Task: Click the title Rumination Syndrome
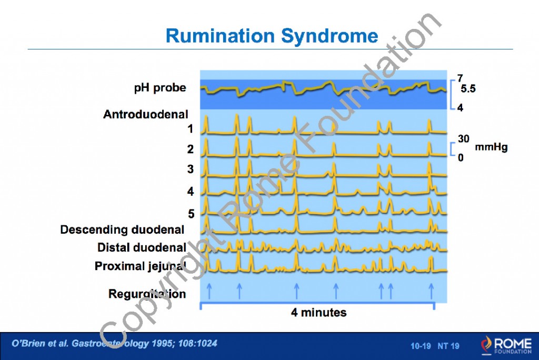tap(272, 36)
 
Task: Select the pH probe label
tap(160, 88)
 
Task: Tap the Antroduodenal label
tap(146, 114)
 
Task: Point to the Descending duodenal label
tap(122, 229)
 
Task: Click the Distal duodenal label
tap(142, 247)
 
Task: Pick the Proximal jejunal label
tap(140, 266)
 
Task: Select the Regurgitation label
tap(147, 294)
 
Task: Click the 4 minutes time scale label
tap(319, 313)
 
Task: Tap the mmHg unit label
tap(491, 147)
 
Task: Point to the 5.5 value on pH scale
tap(467, 89)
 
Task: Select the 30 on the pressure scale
tap(463, 139)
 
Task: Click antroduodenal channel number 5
tap(191, 214)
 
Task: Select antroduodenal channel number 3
tap(191, 169)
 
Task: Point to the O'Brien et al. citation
tap(114, 344)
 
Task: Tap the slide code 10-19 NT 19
tap(435, 346)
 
